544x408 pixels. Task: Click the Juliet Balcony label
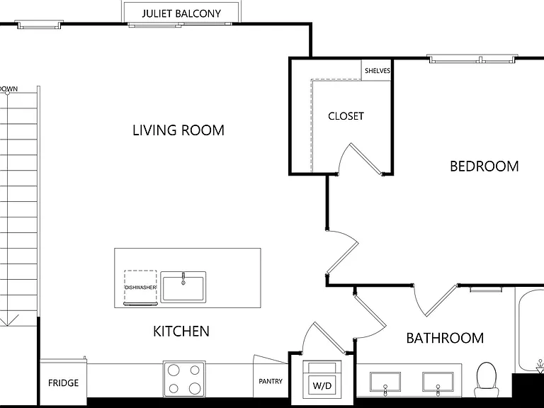pos(181,13)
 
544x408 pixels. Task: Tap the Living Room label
pos(178,130)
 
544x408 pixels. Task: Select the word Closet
pos(346,116)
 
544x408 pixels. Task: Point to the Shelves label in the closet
pos(378,71)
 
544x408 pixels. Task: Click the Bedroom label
pos(484,166)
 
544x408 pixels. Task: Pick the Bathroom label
pos(445,338)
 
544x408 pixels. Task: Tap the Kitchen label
pos(181,331)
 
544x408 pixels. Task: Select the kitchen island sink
pos(183,287)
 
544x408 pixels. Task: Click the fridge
pos(63,379)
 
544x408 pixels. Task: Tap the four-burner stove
pos(184,379)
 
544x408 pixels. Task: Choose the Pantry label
pos(271,381)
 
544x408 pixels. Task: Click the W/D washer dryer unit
pos(322,379)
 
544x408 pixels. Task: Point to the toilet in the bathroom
pos(487,380)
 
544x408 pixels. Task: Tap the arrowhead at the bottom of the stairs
pos(8,320)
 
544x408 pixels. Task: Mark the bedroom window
pos(472,59)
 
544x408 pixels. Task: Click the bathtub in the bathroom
pos(529,329)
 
